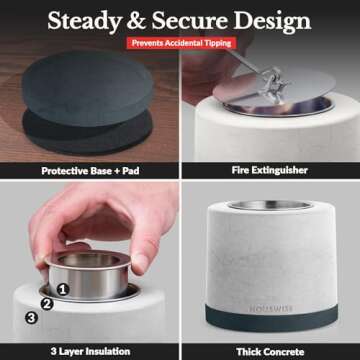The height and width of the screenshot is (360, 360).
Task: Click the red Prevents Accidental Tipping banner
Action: point(181,43)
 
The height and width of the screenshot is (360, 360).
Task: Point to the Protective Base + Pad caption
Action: point(90,171)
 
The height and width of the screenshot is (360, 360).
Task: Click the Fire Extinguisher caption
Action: point(270,170)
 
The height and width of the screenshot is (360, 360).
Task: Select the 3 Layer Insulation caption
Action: point(90,351)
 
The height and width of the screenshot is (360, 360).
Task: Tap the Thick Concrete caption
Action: point(270,352)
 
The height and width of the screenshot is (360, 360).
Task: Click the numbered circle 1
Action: point(63,290)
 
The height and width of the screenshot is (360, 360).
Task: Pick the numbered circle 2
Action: point(47,304)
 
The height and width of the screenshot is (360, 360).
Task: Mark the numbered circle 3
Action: point(31,318)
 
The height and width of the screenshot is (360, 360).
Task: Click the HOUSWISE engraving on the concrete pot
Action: point(271,309)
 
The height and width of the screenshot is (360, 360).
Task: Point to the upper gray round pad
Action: point(87,88)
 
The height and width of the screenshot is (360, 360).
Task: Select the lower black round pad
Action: point(87,133)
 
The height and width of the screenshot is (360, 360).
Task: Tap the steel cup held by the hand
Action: point(89,274)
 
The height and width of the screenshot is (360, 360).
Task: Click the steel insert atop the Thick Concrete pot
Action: point(270,205)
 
